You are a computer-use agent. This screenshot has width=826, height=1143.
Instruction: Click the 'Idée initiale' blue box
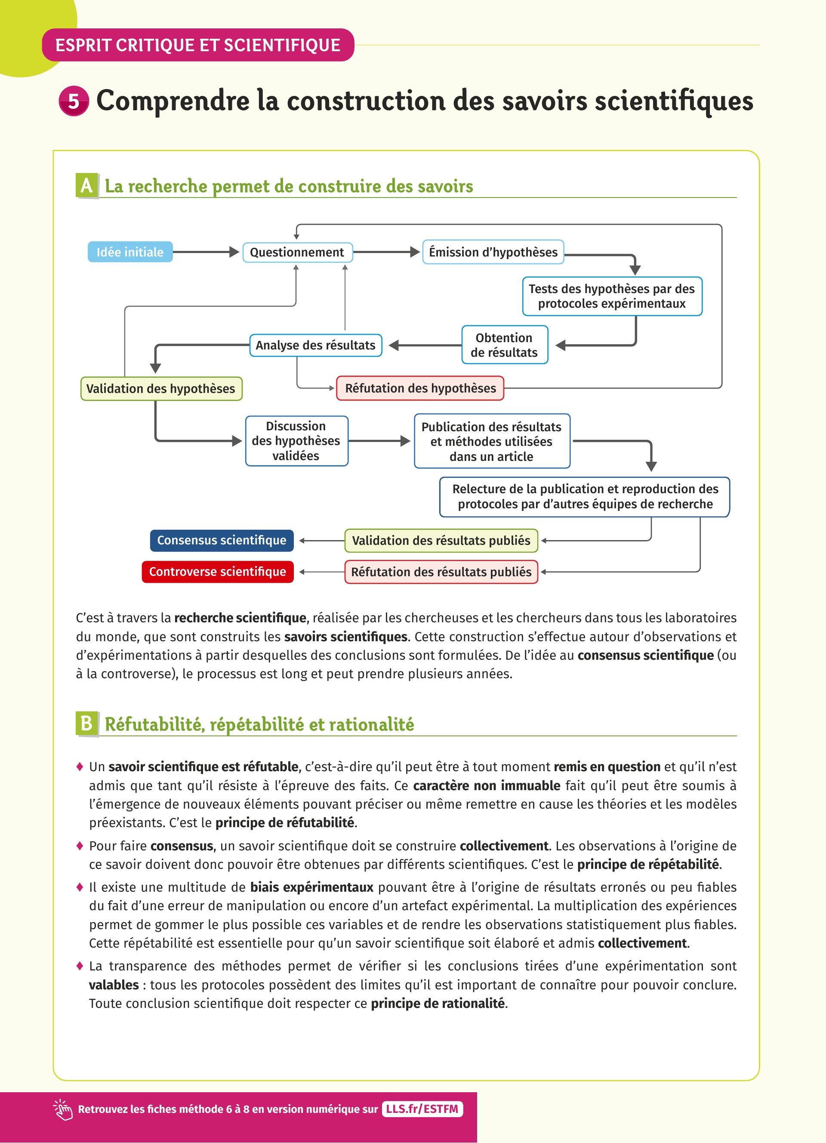pyautogui.click(x=130, y=252)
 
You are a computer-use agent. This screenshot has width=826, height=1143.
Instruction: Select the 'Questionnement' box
pyautogui.click(x=297, y=252)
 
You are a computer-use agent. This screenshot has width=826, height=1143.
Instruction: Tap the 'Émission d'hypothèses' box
pyautogui.click(x=493, y=252)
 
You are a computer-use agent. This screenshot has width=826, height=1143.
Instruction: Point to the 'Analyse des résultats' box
pyautogui.click(x=315, y=345)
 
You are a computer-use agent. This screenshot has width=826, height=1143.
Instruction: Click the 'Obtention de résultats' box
pyautogui.click(x=504, y=345)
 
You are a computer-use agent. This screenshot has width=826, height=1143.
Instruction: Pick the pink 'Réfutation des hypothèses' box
pyautogui.click(x=420, y=388)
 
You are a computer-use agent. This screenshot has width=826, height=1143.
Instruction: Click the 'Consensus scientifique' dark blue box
pyautogui.click(x=222, y=540)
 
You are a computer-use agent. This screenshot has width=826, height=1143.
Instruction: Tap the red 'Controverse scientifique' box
pyautogui.click(x=218, y=572)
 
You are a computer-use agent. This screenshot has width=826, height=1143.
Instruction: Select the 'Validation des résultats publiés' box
pyautogui.click(x=441, y=541)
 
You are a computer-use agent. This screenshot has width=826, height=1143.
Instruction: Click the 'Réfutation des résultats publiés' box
pyautogui.click(x=441, y=572)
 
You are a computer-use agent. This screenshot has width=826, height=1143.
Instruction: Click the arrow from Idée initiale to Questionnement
pyautogui.click(x=206, y=252)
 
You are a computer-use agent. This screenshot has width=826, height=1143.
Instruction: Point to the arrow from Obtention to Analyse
pyautogui.click(x=425, y=345)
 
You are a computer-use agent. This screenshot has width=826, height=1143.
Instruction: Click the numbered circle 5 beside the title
pyautogui.click(x=74, y=101)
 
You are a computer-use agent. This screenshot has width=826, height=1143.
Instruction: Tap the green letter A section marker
pyautogui.click(x=86, y=186)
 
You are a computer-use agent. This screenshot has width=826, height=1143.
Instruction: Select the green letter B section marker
pyautogui.click(x=86, y=724)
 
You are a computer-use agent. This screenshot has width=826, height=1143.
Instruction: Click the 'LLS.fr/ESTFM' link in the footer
pyautogui.click(x=422, y=1109)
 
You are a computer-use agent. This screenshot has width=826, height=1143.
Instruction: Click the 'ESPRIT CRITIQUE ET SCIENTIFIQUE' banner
pyautogui.click(x=198, y=45)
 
